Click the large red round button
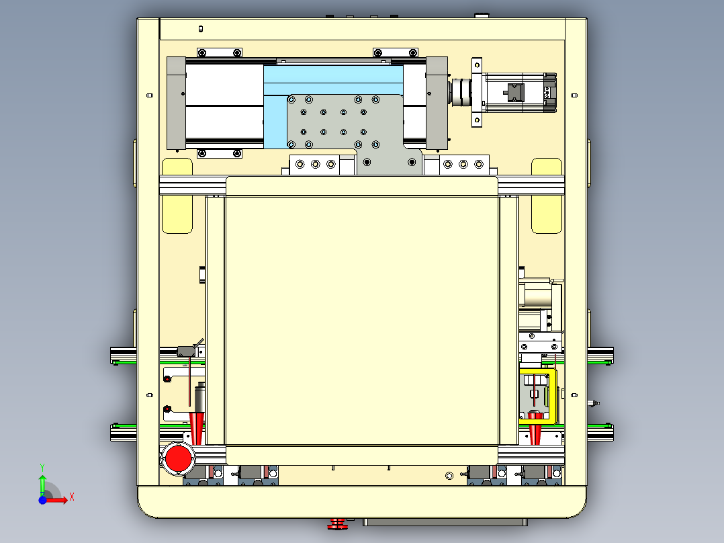pos(178,458)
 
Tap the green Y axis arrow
pos(42,485)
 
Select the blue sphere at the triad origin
pos(42,500)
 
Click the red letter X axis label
pos(72,497)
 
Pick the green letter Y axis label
pos(42,468)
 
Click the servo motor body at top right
pos(519,93)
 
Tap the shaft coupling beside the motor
pos(460,93)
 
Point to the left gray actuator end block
pos(176,103)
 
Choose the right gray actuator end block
pos(437,103)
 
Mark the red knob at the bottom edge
pos(337,524)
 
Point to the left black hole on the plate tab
pos(367,162)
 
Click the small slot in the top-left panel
pos(200,29)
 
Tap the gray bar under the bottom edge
pos(445,522)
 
